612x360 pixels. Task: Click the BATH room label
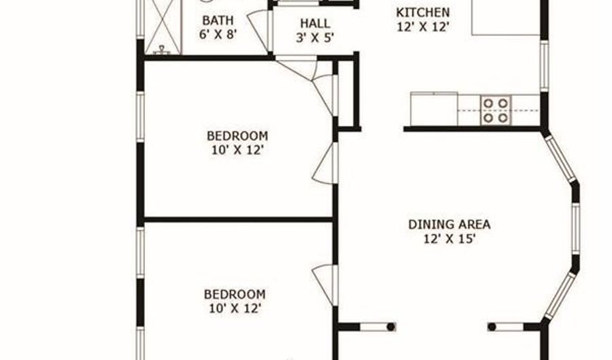pyautogui.click(x=218, y=20)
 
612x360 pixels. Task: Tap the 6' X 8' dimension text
pyautogui.click(x=218, y=34)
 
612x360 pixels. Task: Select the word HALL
pyautogui.click(x=315, y=23)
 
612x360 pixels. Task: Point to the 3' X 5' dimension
pyautogui.click(x=315, y=38)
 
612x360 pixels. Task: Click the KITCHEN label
pyautogui.click(x=423, y=12)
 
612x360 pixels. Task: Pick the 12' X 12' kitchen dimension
pyautogui.click(x=423, y=27)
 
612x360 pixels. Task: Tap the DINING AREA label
pyautogui.click(x=449, y=225)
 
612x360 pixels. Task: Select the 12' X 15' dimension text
pyautogui.click(x=449, y=239)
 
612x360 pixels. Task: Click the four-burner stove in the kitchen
pyautogui.click(x=496, y=110)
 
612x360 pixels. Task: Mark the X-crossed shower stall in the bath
pyautogui.click(x=163, y=27)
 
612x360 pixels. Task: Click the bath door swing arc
pyautogui.click(x=258, y=30)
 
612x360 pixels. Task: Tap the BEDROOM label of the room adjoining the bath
pyautogui.click(x=237, y=136)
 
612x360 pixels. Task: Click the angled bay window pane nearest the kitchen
pyautogui.click(x=560, y=158)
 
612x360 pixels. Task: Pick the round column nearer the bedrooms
pyautogui.click(x=391, y=327)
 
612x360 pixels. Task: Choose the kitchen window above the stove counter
pyautogui.click(x=544, y=67)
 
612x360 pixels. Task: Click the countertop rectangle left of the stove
pyautogui.click(x=434, y=109)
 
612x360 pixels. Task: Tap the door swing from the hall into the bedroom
pyautogui.click(x=296, y=68)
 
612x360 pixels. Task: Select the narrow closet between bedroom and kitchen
pyautogui.click(x=347, y=93)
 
